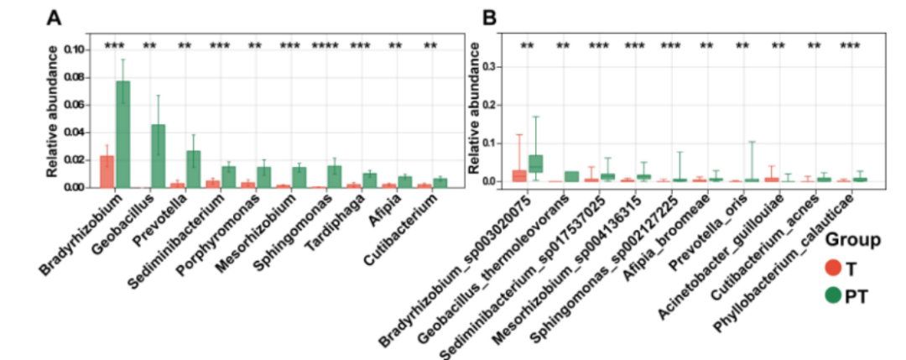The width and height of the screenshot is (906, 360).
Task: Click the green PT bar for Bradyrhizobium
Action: click(x=122, y=134)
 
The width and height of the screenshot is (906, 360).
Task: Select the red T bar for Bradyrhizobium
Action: click(x=107, y=171)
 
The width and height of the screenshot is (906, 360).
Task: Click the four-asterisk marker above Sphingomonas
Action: click(x=327, y=45)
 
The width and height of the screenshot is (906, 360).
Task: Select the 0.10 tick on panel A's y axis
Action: click(x=73, y=50)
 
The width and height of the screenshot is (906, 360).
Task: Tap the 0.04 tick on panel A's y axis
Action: click(x=73, y=133)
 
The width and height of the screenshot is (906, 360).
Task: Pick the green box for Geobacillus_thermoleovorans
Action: click(x=572, y=176)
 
